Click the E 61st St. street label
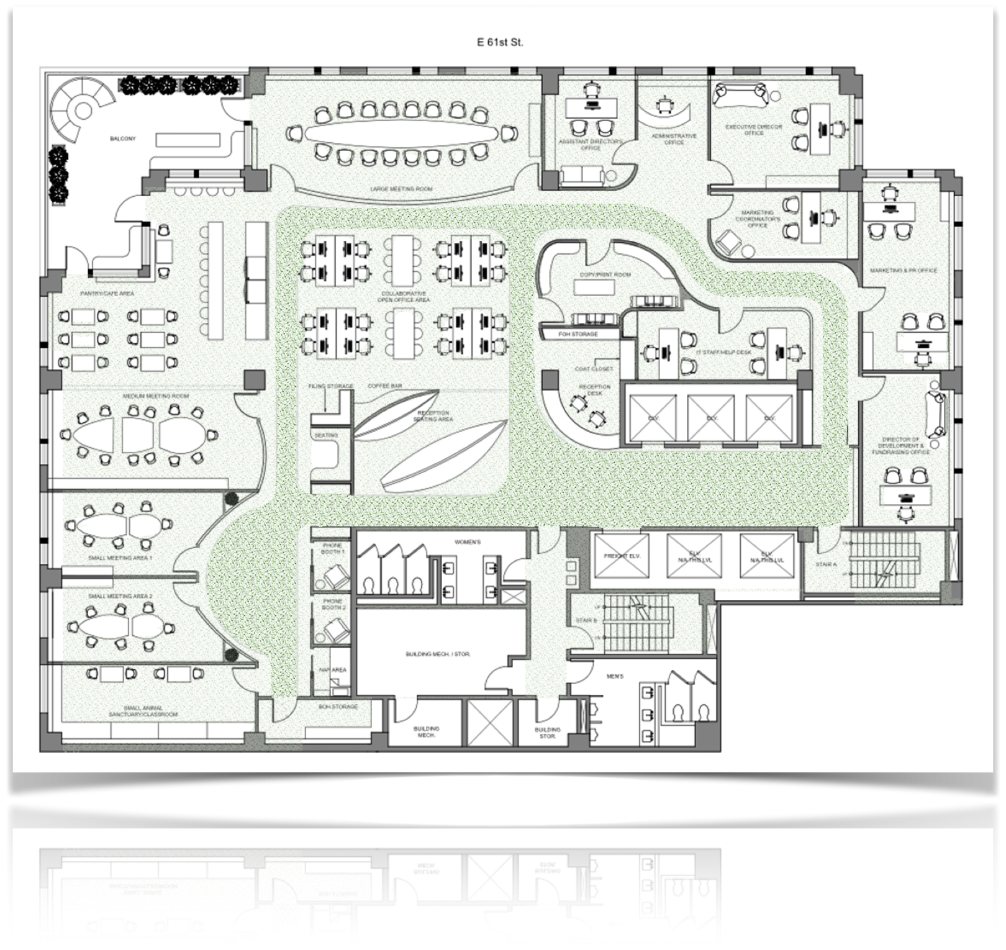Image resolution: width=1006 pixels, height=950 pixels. click(499, 42)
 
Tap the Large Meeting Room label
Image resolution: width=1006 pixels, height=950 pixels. click(401, 189)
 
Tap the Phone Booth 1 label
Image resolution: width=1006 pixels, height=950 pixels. click(332, 549)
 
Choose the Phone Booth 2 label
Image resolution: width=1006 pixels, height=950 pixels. click(332, 604)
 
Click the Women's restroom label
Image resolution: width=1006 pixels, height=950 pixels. click(468, 542)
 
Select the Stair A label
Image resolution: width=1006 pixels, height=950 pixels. click(826, 564)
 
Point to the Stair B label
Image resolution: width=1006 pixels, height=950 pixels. click(586, 620)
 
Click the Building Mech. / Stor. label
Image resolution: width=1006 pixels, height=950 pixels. click(437, 654)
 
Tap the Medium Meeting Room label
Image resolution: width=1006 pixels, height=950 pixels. click(155, 396)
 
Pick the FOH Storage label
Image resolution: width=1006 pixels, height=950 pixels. click(578, 334)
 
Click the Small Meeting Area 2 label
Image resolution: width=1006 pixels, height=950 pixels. click(120, 596)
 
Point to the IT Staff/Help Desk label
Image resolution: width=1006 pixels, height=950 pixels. click(723, 352)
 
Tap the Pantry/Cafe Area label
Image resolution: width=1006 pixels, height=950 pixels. click(107, 293)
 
